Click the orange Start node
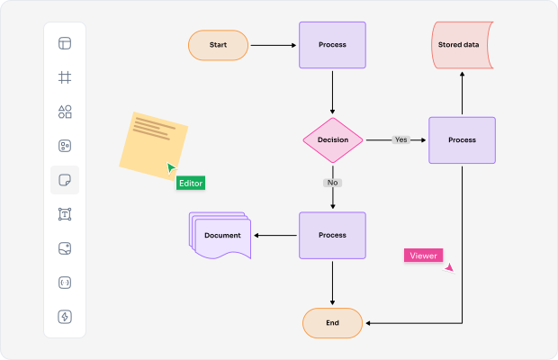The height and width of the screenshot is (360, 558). pyautogui.click(x=218, y=45)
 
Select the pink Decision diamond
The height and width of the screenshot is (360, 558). pyautogui.click(x=332, y=140)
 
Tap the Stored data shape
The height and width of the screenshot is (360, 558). pyautogui.click(x=462, y=45)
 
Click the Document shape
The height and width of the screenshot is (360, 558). pyautogui.click(x=221, y=236)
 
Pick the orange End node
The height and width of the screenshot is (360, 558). pyautogui.click(x=332, y=322)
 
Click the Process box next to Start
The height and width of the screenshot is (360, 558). pyautogui.click(x=332, y=45)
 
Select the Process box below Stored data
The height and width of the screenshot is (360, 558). pyautogui.click(x=462, y=140)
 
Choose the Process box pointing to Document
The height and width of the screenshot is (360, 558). pyautogui.click(x=332, y=236)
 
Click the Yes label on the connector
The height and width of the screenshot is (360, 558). pyautogui.click(x=400, y=139)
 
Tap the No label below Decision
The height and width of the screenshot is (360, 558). pyautogui.click(x=332, y=183)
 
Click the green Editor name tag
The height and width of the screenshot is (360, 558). pyautogui.click(x=191, y=183)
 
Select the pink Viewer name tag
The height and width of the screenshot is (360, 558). pyautogui.click(x=423, y=256)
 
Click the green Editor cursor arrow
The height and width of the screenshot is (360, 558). pyautogui.click(x=171, y=167)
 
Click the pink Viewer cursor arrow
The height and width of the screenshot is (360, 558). pyautogui.click(x=448, y=267)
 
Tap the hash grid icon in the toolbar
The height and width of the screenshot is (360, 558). pyautogui.click(x=65, y=77)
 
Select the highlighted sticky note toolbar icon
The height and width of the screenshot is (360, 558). pyautogui.click(x=65, y=180)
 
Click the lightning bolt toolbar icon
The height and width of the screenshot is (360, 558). pyautogui.click(x=65, y=316)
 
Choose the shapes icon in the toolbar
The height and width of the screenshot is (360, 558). pyautogui.click(x=65, y=112)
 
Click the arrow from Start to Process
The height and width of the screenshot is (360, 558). pyautogui.click(x=274, y=45)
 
